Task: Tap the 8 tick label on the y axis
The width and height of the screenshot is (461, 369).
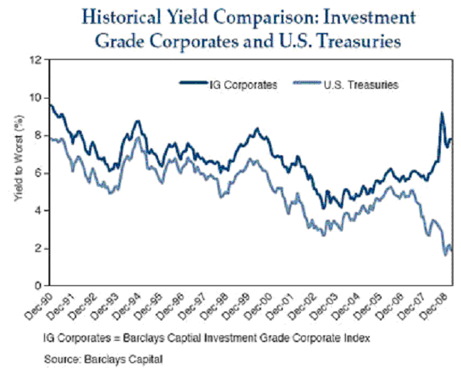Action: [37, 135]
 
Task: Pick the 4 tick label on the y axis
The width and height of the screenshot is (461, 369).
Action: [37, 211]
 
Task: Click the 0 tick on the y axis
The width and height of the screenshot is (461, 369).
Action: [37, 286]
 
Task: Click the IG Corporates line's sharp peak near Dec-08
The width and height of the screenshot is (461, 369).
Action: [442, 114]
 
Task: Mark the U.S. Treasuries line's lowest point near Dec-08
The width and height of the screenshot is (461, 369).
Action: [446, 255]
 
